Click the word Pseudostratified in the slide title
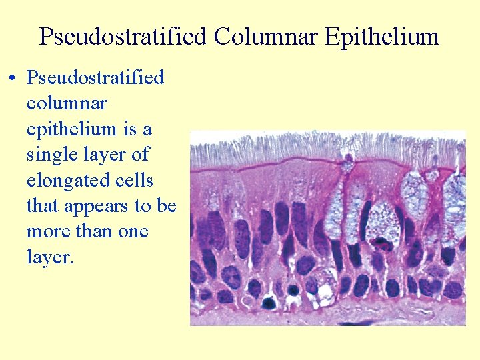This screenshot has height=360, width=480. [x=123, y=36]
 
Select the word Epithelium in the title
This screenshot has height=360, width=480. [x=382, y=36]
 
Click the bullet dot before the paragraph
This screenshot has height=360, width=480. [x=13, y=79]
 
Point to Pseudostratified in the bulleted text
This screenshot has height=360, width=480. [x=95, y=77]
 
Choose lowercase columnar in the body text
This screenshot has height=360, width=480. [x=67, y=103]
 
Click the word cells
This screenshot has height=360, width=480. [x=136, y=181]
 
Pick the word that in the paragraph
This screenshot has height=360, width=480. [x=43, y=206]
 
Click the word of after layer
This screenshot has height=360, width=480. [x=139, y=155]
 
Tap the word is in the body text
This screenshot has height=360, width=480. [x=130, y=129]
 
